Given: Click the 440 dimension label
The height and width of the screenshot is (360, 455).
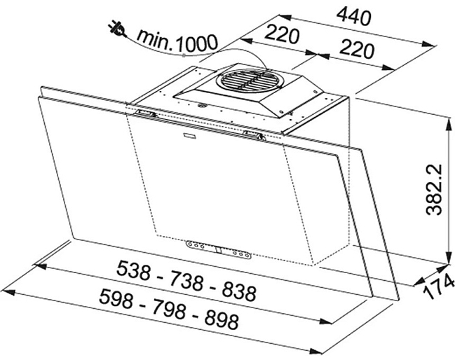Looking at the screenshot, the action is tap(353, 17).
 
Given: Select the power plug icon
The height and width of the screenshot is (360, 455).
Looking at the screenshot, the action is tap(117, 29).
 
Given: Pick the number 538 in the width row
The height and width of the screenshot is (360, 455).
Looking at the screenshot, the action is tap(134, 270).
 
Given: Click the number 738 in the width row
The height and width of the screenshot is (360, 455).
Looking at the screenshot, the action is tap(186, 280).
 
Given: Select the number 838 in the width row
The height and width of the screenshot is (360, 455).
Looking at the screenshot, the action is tap(239, 291).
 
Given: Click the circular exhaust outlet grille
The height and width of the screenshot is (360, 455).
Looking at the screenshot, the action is tap(249, 81).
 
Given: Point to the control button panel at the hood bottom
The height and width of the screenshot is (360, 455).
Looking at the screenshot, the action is tap(219, 249).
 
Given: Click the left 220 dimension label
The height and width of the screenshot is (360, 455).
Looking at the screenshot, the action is tap(281, 34).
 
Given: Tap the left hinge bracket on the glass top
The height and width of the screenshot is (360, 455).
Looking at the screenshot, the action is tap(145, 113).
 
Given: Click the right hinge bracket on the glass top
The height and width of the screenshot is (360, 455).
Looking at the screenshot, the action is tap(254, 135).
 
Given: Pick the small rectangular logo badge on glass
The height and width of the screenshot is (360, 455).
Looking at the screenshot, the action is tap(190, 134).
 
